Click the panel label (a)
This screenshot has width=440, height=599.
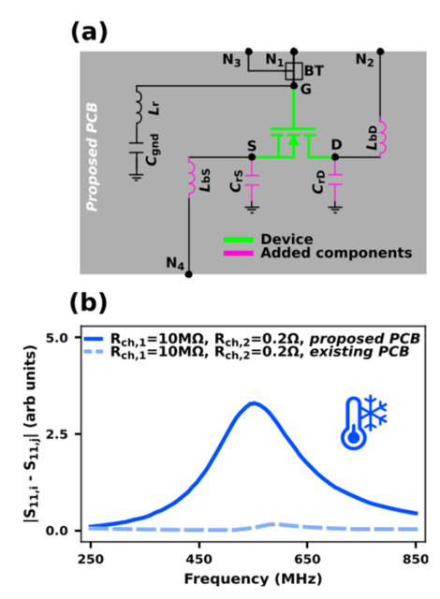pyautogui.click(x=89, y=32)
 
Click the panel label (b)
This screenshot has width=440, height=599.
pyautogui.click(x=89, y=303)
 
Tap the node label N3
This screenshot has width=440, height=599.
pyautogui.click(x=231, y=60)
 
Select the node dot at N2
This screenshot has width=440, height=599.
pyautogui.click(x=380, y=51)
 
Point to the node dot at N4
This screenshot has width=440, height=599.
pyautogui.click(x=189, y=274)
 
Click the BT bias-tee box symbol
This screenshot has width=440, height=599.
pyautogui.click(x=294, y=71)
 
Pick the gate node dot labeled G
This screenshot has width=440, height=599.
pyautogui.click(x=294, y=86)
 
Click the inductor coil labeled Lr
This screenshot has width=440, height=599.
pyautogui.click(x=139, y=104)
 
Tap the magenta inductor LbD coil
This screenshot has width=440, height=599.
pyautogui.click(x=382, y=137)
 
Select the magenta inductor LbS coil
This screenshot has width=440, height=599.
pyautogui.click(x=191, y=177)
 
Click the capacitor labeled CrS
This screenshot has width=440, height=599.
pyautogui.click(x=252, y=181)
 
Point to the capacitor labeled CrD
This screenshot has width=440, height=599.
pyautogui.click(x=335, y=180)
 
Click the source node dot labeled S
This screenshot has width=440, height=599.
pyautogui.click(x=252, y=157)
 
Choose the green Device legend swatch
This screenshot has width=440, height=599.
pyautogui.click(x=239, y=240)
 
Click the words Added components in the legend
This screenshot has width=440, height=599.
pyautogui.click(x=336, y=253)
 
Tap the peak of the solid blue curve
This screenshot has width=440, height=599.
pyautogui.click(x=254, y=403)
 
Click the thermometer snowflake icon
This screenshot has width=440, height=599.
pyautogui.click(x=364, y=422)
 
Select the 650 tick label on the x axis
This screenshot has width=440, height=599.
pyautogui.click(x=307, y=560)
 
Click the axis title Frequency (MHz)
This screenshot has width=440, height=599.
pyautogui.click(x=253, y=579)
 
